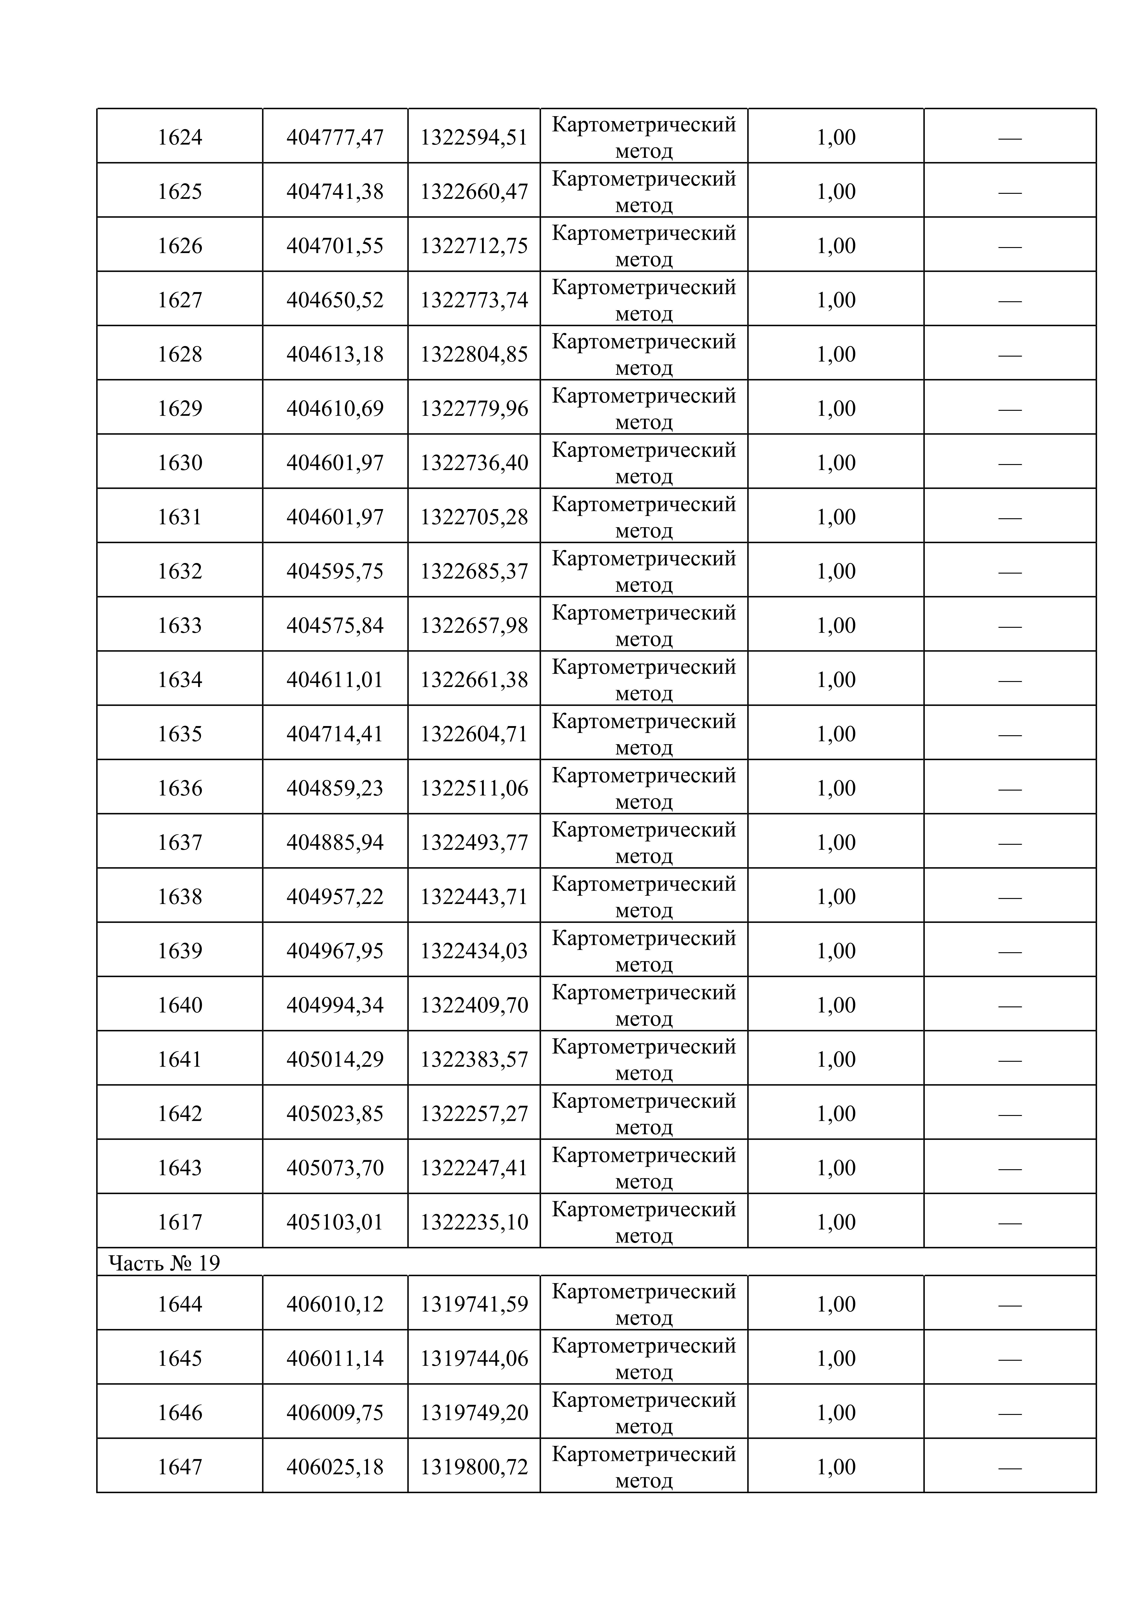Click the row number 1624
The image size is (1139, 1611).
pos(180,137)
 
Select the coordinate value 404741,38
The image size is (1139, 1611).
pos(335,191)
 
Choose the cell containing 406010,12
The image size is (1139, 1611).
pos(335,1304)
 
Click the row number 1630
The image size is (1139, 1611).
pos(180,462)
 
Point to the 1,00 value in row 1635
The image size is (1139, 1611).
pos(836,734)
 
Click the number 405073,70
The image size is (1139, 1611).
pos(335,1168)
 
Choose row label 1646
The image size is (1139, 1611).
pos(180,1412)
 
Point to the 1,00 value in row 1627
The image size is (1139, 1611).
pos(836,300)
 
